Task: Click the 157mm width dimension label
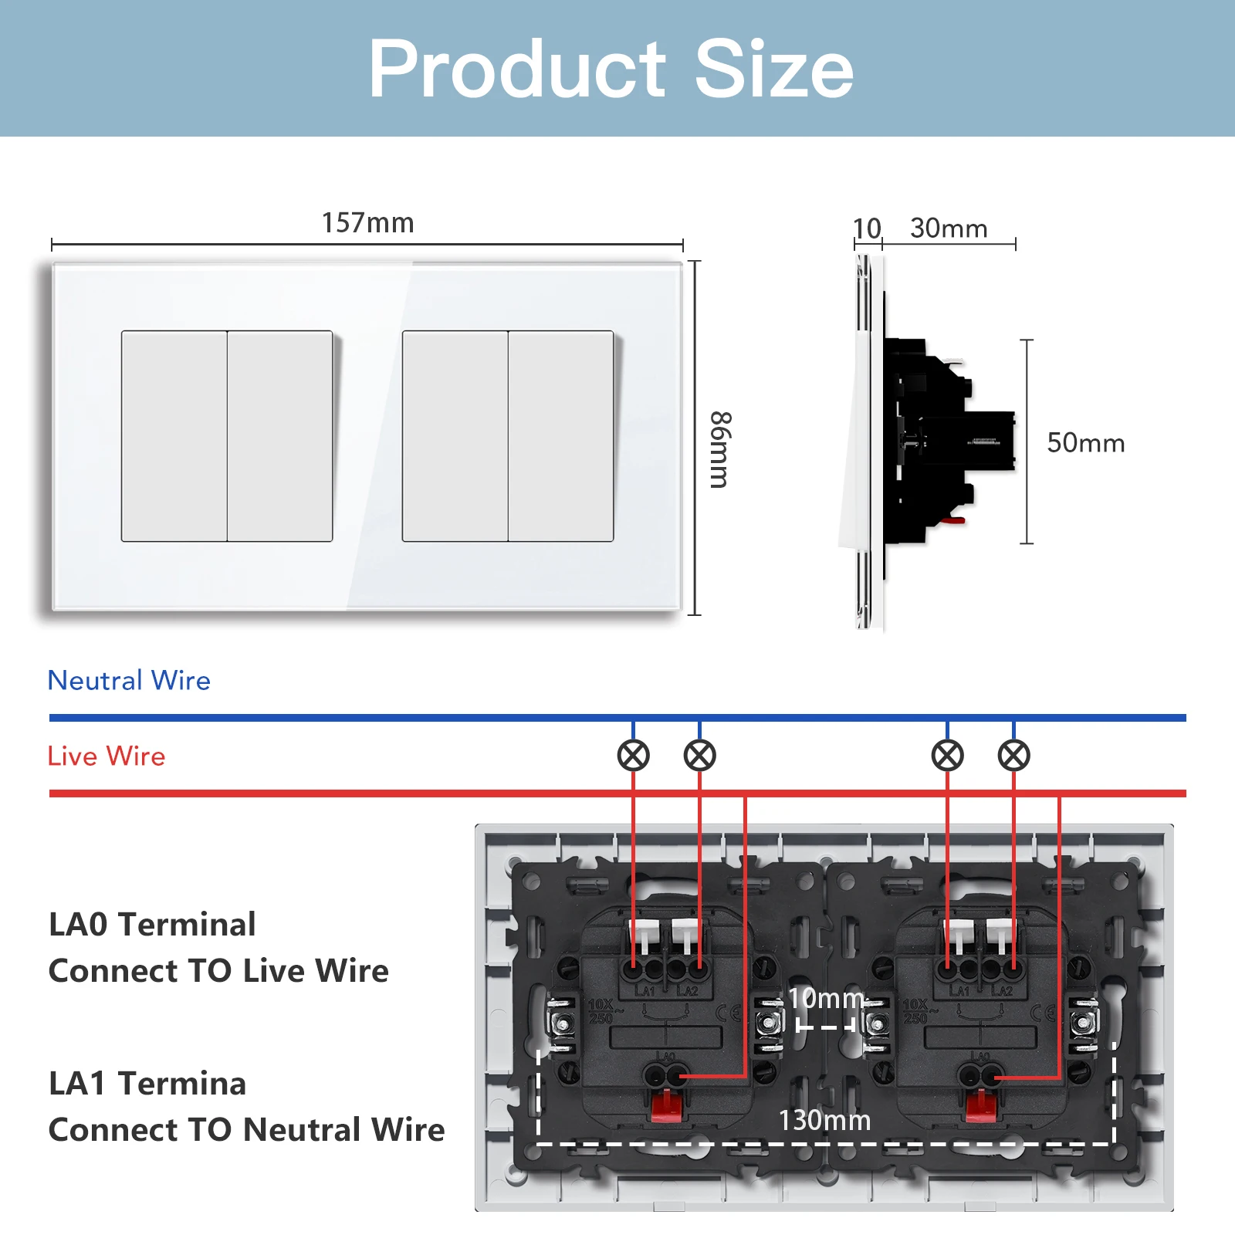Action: coord(367,223)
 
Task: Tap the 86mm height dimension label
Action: coord(719,449)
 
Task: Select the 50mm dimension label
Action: coord(1085,443)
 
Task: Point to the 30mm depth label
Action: coord(949,228)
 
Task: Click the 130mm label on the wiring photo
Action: coord(824,1120)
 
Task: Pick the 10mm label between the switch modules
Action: coord(825,998)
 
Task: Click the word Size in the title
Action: coord(773,69)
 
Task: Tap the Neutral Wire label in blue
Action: coord(129,680)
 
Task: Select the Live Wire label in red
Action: coord(107,756)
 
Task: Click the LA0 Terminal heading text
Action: coord(152,924)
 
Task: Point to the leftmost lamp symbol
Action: coord(633,756)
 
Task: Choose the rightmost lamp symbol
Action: coord(1013,756)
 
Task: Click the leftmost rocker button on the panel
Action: coord(174,436)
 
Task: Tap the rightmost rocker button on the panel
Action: coord(560,436)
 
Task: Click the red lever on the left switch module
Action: coord(665,1105)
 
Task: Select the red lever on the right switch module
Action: coord(980,1105)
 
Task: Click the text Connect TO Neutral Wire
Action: coord(246,1129)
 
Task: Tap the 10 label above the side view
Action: coord(867,228)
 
